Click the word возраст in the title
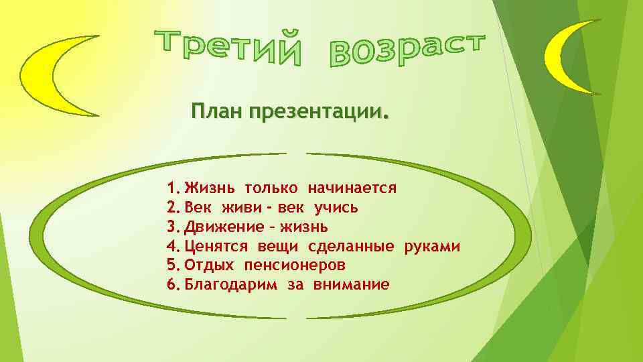pyautogui.click(x=407, y=48)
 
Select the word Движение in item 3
pyautogui.click(x=220, y=227)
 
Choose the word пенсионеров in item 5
pyautogui.click(x=295, y=265)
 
